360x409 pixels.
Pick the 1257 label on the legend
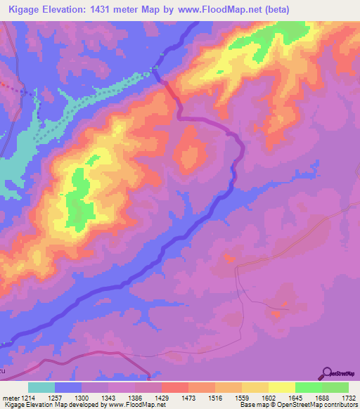pos(54,397)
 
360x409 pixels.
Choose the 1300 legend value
pos(82,397)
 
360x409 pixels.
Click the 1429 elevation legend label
pos(162,397)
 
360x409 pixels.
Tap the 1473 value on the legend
pos(189,397)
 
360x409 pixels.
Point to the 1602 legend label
pos(269,397)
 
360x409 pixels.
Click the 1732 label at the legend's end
pos(347,397)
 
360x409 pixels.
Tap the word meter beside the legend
pos(11,397)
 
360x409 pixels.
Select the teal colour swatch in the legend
pos(41,387)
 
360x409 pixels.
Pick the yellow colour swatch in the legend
pos(281,387)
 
